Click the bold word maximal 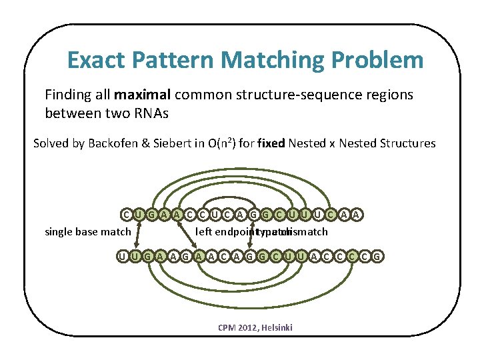click(x=141, y=95)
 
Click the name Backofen click(x=121, y=143)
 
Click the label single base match click(x=87, y=232)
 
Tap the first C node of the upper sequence click(x=126, y=214)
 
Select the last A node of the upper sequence click(x=357, y=214)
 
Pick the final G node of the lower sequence click(x=378, y=256)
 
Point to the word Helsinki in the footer click(x=277, y=328)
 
